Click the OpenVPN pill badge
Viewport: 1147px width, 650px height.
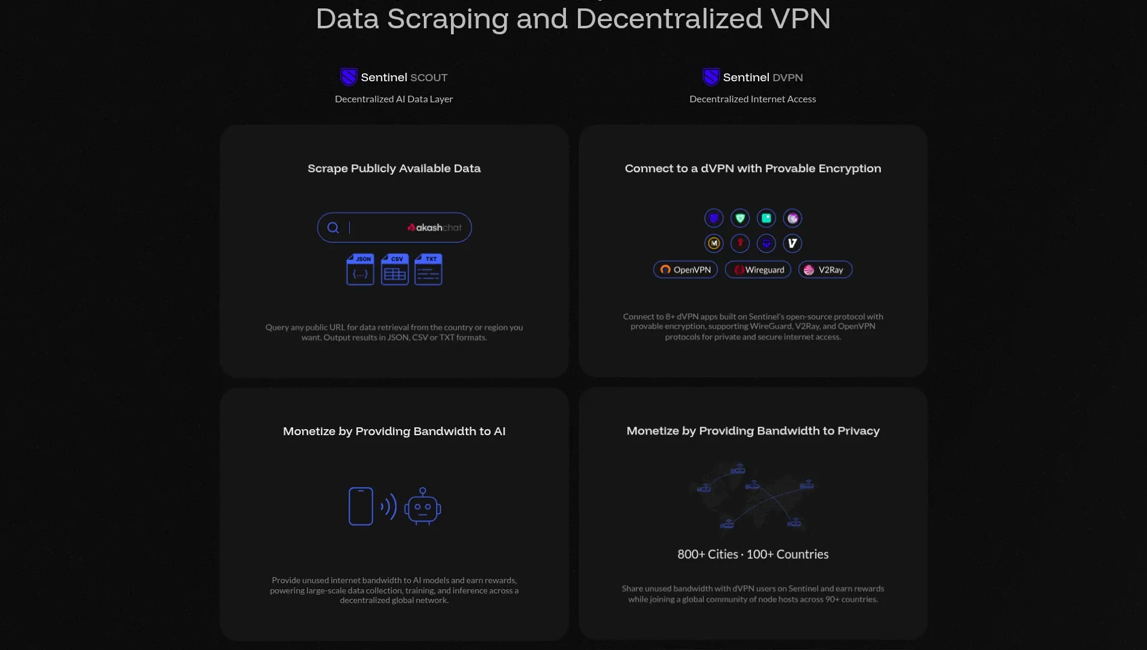[x=685, y=270]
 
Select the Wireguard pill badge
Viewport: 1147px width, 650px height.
[x=758, y=270]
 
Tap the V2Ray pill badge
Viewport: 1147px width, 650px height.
[x=825, y=270]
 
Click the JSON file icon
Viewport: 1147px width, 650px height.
[x=360, y=270]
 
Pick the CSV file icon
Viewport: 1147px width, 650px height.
[x=394, y=270]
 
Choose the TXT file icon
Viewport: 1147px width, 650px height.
[x=428, y=270]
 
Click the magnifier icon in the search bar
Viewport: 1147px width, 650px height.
[x=333, y=227]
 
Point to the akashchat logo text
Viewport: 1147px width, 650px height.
[x=435, y=227]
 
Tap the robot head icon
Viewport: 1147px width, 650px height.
[x=423, y=507]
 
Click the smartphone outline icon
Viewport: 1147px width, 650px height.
[x=361, y=506]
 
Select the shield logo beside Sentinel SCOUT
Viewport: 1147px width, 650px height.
[x=349, y=77]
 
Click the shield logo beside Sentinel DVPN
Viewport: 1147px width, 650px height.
[x=711, y=77]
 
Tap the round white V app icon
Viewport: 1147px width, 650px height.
[x=792, y=243]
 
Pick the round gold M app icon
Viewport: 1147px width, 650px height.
[x=714, y=243]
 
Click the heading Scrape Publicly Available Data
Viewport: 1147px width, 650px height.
[x=394, y=169]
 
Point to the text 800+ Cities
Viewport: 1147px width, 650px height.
[x=707, y=554]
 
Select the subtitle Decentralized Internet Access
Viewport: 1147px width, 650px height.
[x=753, y=99]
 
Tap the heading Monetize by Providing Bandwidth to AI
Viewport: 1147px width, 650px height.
[x=394, y=432]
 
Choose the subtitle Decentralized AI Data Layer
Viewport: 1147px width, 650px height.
[x=394, y=99]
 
